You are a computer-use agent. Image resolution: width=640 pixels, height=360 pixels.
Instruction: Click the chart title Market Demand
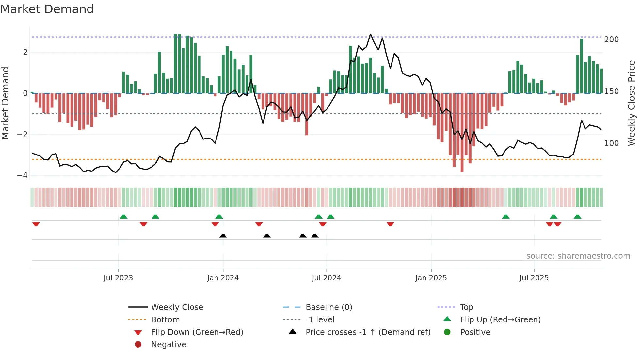click(x=47, y=9)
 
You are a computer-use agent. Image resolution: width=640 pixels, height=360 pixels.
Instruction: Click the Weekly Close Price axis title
click(x=632, y=103)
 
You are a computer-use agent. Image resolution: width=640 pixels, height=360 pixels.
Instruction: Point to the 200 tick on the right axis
click(x=611, y=40)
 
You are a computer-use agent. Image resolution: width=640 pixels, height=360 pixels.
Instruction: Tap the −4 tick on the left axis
click(x=23, y=175)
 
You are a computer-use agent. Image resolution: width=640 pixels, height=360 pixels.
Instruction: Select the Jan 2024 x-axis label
click(x=223, y=278)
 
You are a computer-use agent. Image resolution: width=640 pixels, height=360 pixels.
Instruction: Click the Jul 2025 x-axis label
click(x=534, y=278)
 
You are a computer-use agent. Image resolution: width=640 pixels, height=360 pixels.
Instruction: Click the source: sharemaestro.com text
click(x=578, y=256)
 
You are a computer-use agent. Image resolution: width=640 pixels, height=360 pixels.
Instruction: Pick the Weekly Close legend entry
click(x=177, y=307)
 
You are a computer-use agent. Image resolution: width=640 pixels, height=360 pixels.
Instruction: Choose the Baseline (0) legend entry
click(x=328, y=307)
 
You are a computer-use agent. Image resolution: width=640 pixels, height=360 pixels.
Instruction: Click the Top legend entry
click(x=466, y=307)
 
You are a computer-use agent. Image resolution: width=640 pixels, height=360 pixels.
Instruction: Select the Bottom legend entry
click(x=165, y=320)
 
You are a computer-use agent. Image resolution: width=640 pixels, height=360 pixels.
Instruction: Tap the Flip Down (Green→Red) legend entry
click(x=197, y=332)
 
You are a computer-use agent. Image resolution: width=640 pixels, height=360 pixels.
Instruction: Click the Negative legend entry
click(x=168, y=345)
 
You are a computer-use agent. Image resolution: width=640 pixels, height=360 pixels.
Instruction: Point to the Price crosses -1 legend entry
click(x=368, y=332)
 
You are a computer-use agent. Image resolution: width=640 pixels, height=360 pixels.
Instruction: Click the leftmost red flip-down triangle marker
click(x=36, y=224)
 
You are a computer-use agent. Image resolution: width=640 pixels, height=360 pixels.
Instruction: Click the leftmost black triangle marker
click(x=223, y=236)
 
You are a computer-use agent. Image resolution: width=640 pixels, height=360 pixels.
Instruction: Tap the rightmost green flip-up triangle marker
click(x=577, y=217)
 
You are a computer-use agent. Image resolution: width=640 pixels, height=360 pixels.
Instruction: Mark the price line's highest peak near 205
click(x=370, y=34)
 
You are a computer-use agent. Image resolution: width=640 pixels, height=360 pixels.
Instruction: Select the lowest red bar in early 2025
click(x=462, y=170)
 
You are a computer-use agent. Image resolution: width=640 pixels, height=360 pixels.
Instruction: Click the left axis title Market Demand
click(x=6, y=103)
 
